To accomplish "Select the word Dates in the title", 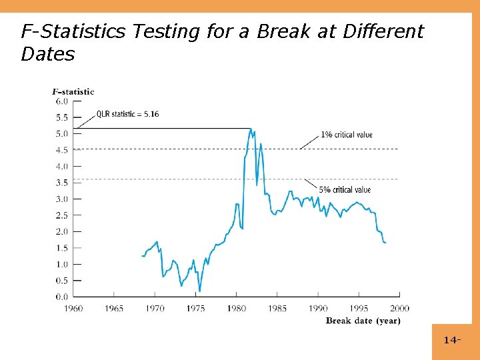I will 48,54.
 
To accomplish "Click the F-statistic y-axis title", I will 73,92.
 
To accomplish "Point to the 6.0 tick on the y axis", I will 61,101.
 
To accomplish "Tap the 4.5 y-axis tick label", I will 61,150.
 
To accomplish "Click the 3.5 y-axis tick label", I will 61,183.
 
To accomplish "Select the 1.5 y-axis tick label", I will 61,248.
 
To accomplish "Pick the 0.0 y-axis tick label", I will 61,297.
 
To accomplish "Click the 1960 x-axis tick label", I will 73,308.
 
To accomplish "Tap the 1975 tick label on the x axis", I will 195,308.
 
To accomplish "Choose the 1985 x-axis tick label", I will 277,308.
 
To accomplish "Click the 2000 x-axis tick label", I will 399,308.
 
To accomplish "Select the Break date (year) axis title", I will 363,321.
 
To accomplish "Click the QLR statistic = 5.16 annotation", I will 128,114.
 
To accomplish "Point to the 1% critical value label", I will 347,135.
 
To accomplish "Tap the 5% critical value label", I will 344,190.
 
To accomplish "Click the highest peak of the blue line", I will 251,129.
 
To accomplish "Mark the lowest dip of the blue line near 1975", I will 199,291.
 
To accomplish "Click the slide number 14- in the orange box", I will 452,341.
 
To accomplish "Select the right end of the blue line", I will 385,243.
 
